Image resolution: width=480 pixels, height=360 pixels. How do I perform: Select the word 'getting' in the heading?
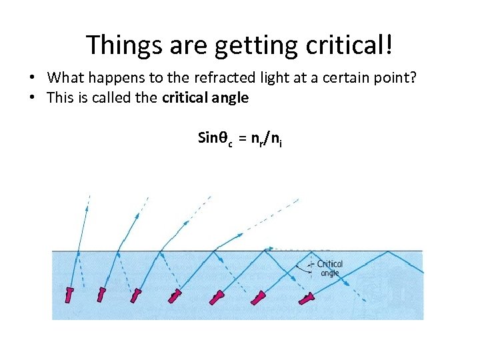(x=244, y=45)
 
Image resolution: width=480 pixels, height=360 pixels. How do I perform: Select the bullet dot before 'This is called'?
(x=33, y=98)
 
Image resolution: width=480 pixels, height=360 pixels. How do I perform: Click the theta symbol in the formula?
(x=221, y=139)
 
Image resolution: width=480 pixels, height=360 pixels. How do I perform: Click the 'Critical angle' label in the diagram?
(x=329, y=268)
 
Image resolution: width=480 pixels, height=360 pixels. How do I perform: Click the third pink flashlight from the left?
(x=136, y=295)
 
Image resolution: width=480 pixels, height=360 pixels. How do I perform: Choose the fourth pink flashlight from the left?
(x=175, y=296)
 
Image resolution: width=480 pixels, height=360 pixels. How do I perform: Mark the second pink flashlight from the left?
(x=101, y=294)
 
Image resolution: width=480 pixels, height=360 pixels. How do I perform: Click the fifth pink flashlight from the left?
(x=217, y=297)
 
